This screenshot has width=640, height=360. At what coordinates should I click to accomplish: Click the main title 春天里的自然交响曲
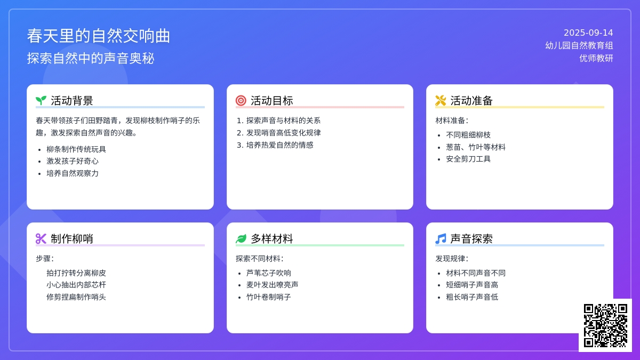pyautogui.click(x=99, y=36)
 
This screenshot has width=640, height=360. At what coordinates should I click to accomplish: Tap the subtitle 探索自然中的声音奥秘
pyautogui.click(x=91, y=58)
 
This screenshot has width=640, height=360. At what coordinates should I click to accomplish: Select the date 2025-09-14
pyautogui.click(x=588, y=33)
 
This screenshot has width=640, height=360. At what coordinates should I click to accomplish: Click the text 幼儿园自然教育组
pyautogui.click(x=579, y=45)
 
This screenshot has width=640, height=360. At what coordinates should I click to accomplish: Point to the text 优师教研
pyautogui.click(x=596, y=58)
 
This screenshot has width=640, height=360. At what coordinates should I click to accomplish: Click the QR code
pyautogui.click(x=605, y=325)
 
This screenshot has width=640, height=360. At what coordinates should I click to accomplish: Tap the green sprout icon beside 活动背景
pyautogui.click(x=41, y=101)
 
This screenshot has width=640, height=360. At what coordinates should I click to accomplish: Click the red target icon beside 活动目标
pyautogui.click(x=241, y=101)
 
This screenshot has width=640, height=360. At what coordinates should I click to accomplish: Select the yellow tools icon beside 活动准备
pyautogui.click(x=441, y=101)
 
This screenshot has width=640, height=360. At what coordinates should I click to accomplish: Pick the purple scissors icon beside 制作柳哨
pyautogui.click(x=41, y=238)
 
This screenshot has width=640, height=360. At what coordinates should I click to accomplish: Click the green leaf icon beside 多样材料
pyautogui.click(x=241, y=238)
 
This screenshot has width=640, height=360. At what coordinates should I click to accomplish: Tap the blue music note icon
pyautogui.click(x=441, y=238)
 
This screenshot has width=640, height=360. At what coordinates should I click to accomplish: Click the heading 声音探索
pyautogui.click(x=471, y=238)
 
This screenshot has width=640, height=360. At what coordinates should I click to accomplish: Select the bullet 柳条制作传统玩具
pyautogui.click(x=76, y=149)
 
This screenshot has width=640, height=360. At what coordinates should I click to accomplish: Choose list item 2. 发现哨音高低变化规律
pyautogui.click(x=279, y=133)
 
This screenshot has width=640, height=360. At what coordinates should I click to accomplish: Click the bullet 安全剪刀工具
pyautogui.click(x=468, y=159)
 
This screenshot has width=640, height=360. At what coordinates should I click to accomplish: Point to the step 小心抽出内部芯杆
pyautogui.click(x=76, y=285)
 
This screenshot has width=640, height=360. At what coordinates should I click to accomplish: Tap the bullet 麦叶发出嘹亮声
pyautogui.click(x=273, y=285)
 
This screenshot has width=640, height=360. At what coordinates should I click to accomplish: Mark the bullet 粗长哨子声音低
pyautogui.click(x=472, y=297)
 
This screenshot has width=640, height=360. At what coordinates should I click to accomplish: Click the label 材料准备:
pyautogui.click(x=452, y=121)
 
